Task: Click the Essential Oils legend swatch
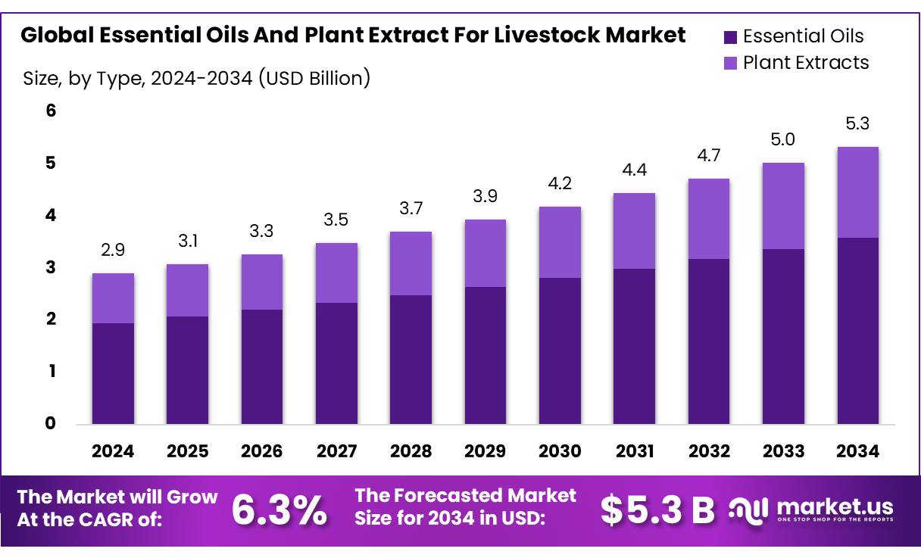point(730,36)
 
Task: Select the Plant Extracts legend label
point(806,62)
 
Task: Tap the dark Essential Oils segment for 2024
point(113,373)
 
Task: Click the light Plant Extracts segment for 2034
point(858,192)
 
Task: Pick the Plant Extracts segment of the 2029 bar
point(485,253)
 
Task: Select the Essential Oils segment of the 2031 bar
point(634,346)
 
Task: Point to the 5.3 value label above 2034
point(858,123)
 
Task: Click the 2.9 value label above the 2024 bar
point(113,250)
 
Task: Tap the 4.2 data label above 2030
point(560,183)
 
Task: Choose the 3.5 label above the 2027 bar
point(336,220)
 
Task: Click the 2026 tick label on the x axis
point(261,451)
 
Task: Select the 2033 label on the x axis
point(784,451)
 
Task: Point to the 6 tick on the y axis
point(51,111)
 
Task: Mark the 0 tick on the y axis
point(51,423)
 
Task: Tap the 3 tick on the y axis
point(51,267)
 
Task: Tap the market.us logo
point(812,509)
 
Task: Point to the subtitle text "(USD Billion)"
point(314,77)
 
